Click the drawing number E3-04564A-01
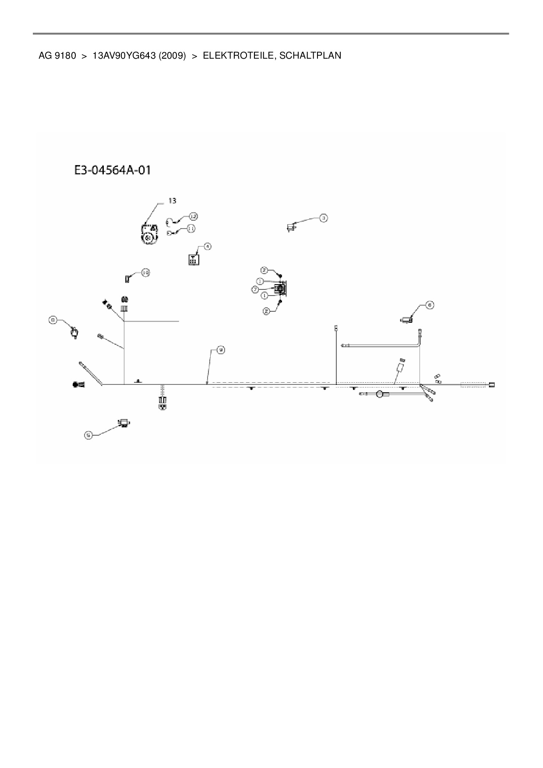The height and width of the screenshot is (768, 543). (112, 170)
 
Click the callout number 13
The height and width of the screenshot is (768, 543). (173, 201)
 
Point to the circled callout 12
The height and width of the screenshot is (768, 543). (193, 216)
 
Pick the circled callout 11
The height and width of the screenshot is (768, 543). (191, 228)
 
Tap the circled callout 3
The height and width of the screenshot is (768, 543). (323, 218)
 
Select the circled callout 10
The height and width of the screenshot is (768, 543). (145, 273)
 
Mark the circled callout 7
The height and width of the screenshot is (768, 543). (255, 289)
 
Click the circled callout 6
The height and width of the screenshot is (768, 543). (430, 305)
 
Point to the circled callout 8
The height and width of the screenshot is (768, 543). (53, 321)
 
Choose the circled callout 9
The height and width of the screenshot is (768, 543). (221, 349)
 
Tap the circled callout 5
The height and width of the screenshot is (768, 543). (89, 435)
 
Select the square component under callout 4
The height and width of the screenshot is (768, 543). (192, 259)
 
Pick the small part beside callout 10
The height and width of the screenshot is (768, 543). (128, 278)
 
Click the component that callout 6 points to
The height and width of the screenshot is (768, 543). (406, 320)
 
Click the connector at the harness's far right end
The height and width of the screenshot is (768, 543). (492, 385)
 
